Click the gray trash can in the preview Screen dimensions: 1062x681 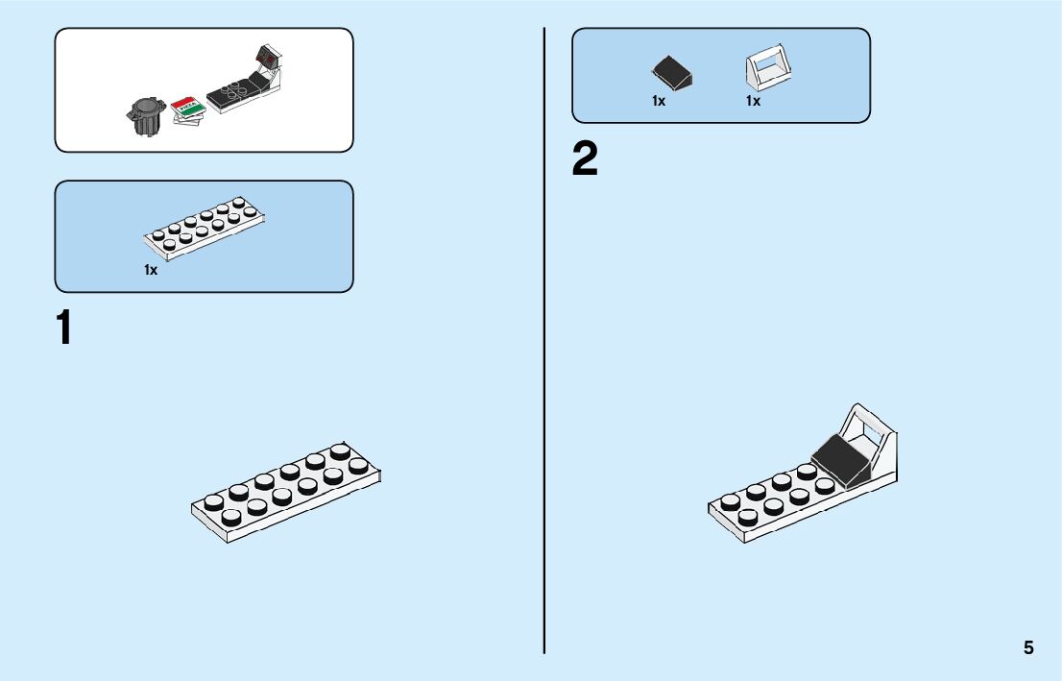(145, 116)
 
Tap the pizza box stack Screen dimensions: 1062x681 (189, 112)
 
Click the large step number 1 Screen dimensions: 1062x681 (64, 328)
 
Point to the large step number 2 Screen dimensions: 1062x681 (585, 159)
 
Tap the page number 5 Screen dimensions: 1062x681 (1028, 647)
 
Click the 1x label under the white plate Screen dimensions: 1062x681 (151, 270)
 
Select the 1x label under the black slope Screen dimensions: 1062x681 (659, 101)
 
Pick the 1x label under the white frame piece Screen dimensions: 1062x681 (753, 101)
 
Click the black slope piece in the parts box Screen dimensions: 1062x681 (671, 70)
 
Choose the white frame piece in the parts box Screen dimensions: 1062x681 (768, 68)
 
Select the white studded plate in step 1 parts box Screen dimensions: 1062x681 (205, 228)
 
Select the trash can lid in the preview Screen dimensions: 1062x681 (145, 102)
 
